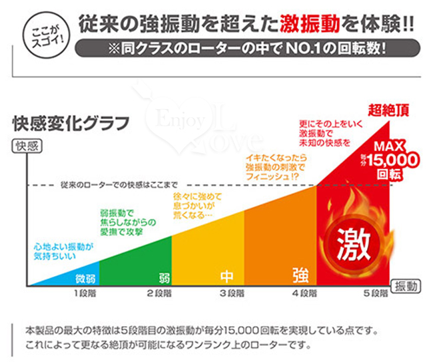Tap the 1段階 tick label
coord(85,293)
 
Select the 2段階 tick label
coord(159,293)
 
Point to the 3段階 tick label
coord(232,293)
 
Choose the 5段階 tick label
coord(375,293)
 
